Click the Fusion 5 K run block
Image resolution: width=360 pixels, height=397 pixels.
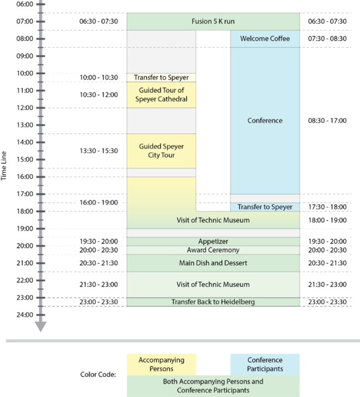click(x=213, y=22)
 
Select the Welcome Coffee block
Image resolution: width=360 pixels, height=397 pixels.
click(x=265, y=39)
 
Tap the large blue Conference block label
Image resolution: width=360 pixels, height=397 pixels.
click(x=265, y=121)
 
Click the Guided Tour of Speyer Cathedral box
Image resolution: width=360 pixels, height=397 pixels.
click(x=161, y=95)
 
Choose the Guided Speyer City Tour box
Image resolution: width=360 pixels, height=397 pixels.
click(x=161, y=150)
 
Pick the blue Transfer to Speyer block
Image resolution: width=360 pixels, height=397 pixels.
click(x=265, y=207)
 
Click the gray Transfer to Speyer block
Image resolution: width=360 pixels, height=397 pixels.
click(x=161, y=78)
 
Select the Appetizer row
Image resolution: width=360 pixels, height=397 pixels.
click(x=213, y=242)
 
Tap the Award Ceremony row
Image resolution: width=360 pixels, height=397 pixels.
click(x=213, y=251)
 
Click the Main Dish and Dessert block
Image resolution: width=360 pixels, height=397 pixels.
click(x=213, y=264)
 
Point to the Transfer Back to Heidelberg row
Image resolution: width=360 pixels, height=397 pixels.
click(x=213, y=302)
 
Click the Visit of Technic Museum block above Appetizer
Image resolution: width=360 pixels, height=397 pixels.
click(x=213, y=221)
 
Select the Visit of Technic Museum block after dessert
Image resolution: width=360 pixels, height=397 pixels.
click(x=213, y=284)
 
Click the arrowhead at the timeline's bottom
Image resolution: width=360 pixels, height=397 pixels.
click(x=40, y=325)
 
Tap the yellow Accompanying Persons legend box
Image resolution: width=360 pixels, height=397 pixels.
click(x=161, y=365)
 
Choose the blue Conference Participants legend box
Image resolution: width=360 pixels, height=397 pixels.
click(x=265, y=365)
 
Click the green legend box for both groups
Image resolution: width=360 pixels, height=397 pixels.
click(x=213, y=386)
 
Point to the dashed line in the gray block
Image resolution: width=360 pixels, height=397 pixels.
click(x=161, y=48)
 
